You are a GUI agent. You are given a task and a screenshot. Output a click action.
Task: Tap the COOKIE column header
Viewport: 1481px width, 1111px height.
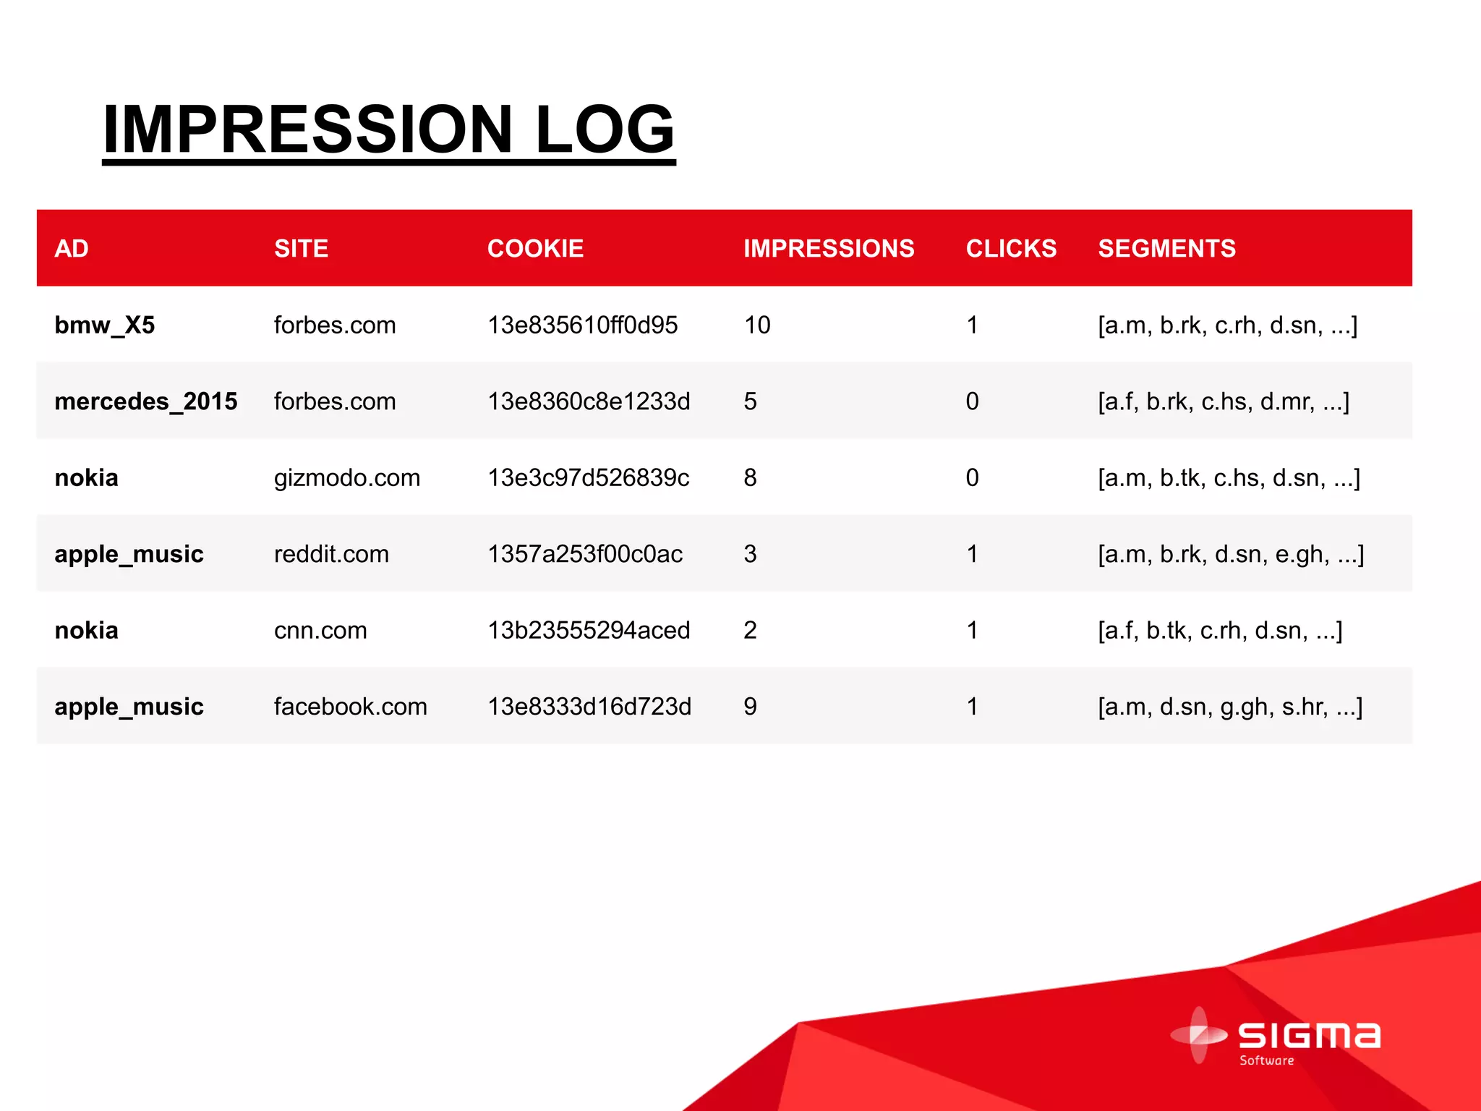pos(535,249)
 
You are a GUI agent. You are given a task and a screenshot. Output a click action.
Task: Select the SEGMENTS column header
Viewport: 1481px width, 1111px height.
pos(1166,249)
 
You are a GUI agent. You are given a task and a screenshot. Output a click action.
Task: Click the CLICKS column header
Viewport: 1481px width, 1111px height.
pos(1011,249)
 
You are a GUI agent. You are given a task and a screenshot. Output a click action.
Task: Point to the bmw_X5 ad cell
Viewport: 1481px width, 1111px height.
pos(105,325)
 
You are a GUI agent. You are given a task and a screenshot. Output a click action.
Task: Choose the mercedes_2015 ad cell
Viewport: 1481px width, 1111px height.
pos(146,401)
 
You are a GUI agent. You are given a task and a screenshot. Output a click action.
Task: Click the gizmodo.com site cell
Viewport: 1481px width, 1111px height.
pos(347,478)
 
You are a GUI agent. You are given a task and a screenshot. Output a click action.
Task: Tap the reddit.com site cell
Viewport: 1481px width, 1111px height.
pos(331,554)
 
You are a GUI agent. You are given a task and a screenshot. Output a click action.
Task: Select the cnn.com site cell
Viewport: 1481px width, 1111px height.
pos(320,631)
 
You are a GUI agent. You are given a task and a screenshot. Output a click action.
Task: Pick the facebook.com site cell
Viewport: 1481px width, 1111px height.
pos(351,707)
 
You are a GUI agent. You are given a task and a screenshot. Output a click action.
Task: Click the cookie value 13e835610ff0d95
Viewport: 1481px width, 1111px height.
pos(582,325)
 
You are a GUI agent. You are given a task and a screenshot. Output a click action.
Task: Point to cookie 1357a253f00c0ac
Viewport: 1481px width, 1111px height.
pos(585,554)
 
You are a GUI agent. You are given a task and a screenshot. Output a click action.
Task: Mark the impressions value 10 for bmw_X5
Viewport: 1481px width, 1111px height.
pos(757,325)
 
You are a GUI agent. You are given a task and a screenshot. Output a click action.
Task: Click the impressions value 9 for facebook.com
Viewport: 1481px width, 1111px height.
pos(750,707)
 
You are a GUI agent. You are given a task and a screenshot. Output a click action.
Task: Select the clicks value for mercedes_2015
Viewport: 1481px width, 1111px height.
pos(972,401)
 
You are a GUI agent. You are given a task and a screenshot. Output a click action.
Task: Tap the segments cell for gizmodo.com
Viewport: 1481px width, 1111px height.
pos(1229,478)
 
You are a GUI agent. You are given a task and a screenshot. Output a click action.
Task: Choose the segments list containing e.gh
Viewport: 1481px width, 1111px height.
pos(1231,554)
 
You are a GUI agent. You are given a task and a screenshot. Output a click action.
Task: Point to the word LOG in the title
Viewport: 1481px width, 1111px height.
pos(605,130)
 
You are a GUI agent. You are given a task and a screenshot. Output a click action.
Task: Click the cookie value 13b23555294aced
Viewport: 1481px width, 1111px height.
pos(589,631)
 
